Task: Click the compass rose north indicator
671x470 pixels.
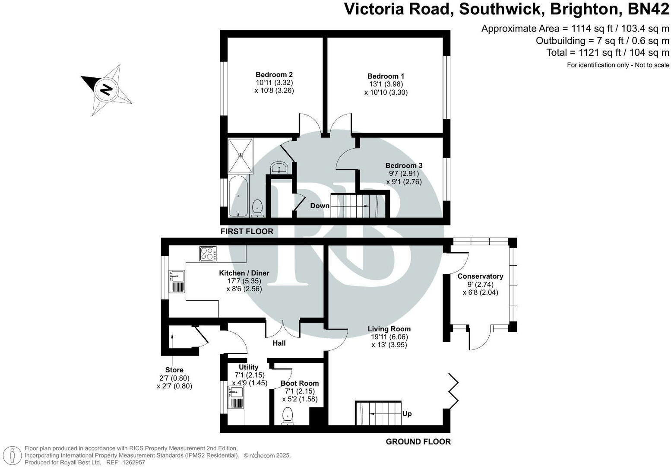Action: pos(106,89)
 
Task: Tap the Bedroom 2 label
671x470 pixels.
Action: pos(274,74)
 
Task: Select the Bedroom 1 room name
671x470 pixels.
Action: pos(386,76)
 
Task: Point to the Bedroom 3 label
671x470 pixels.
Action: pos(404,165)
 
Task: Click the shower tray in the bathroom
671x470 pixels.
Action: pos(241,155)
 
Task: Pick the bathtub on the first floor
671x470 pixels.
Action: pos(238,197)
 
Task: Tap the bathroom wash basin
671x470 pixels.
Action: pos(280,168)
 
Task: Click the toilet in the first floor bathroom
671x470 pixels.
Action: pos(258,207)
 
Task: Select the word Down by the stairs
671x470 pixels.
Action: pos(320,206)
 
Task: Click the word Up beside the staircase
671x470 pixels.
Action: pos(407,413)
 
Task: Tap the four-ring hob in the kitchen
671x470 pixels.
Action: pos(208,254)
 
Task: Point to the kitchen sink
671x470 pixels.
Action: pos(177,281)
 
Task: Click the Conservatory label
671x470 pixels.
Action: pos(480,276)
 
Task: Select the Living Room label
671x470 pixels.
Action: pos(389,329)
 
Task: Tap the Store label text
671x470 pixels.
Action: pos(174,370)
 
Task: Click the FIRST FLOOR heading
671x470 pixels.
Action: pos(247,232)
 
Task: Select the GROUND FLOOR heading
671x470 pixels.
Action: pos(418,441)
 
